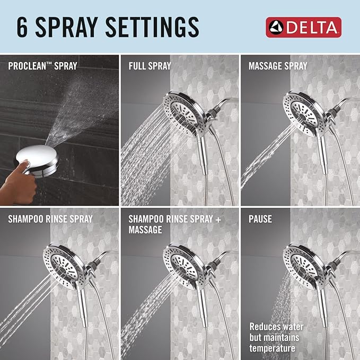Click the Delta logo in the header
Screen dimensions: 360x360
303,27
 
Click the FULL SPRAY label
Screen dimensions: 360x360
150,66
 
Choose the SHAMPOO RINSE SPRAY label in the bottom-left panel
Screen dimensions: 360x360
50,218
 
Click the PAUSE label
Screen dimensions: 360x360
260,218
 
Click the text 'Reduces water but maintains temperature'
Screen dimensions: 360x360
275,337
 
